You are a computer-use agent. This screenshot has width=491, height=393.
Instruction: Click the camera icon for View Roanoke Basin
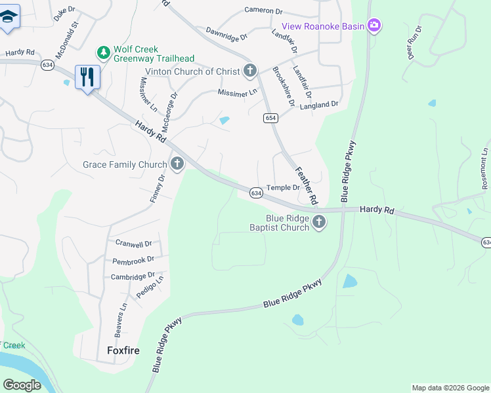pyautogui.click(x=374, y=26)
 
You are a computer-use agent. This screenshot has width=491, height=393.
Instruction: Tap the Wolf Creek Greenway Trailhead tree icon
pyautogui.click(x=103, y=51)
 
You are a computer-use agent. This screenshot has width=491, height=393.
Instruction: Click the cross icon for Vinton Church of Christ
pyautogui.click(x=249, y=71)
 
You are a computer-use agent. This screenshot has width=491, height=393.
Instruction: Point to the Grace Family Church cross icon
pyautogui.click(x=176, y=164)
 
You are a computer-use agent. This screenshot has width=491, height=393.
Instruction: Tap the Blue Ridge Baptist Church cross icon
pyautogui.click(x=319, y=222)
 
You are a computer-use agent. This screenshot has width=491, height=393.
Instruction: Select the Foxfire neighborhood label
pyautogui.click(x=123, y=350)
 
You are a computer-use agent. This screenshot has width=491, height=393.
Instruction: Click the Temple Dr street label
pyautogui.click(x=282, y=187)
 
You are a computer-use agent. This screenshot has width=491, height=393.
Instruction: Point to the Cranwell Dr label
pyautogui.click(x=133, y=244)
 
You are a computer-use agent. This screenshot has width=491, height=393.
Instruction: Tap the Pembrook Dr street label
pyautogui.click(x=133, y=260)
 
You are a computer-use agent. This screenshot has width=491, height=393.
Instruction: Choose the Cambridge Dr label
pyautogui.click(x=133, y=276)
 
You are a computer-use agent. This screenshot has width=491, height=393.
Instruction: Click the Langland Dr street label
pyautogui.click(x=318, y=104)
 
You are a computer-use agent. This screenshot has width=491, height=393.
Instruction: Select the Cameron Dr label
pyautogui.click(x=263, y=10)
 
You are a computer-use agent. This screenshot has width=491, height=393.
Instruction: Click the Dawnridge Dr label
pyautogui.click(x=226, y=32)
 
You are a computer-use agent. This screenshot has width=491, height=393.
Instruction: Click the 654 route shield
pyautogui.click(x=271, y=118)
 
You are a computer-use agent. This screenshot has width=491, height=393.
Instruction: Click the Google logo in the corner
pyautogui.click(x=22, y=385)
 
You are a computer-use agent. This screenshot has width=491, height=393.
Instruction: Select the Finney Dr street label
pyautogui.click(x=158, y=188)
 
